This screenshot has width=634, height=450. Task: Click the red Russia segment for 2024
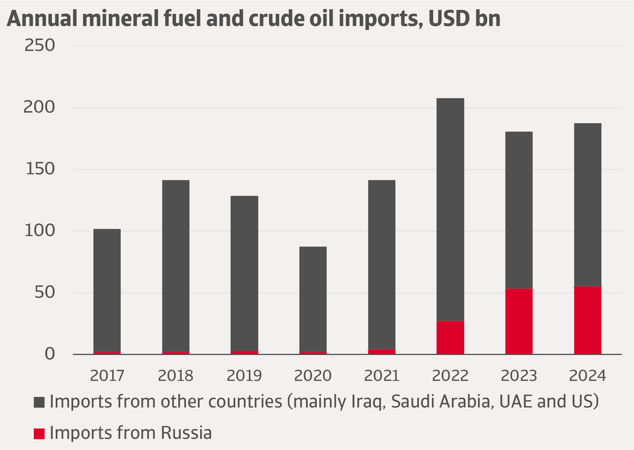(588, 320)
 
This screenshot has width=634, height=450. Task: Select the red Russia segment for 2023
(519, 321)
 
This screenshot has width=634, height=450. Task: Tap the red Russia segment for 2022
(450, 337)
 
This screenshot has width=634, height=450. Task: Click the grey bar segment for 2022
(450, 210)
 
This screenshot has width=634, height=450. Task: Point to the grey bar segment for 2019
(244, 273)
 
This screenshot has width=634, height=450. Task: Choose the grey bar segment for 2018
(176, 265)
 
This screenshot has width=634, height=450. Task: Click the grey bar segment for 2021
(382, 265)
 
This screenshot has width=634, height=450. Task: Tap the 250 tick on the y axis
(40, 45)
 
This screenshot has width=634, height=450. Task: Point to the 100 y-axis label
(40, 231)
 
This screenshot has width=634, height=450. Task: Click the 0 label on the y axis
(50, 354)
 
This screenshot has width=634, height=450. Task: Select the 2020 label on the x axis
(313, 376)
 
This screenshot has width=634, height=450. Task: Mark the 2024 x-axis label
(588, 376)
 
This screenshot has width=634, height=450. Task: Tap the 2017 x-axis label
(107, 376)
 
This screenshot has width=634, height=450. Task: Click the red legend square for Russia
(39, 433)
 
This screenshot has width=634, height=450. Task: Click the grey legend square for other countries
(39, 402)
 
